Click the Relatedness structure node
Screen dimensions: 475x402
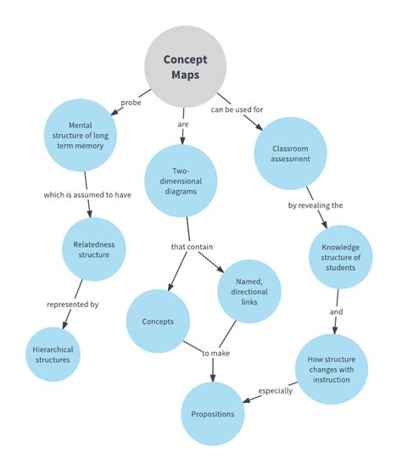(94, 252)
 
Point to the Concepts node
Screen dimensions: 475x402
(158, 322)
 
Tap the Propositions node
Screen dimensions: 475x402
(213, 413)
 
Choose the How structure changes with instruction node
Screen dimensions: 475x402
(332, 366)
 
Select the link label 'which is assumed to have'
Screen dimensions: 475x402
(87, 194)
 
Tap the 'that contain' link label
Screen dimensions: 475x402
(192, 247)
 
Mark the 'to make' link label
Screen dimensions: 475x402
(215, 352)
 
